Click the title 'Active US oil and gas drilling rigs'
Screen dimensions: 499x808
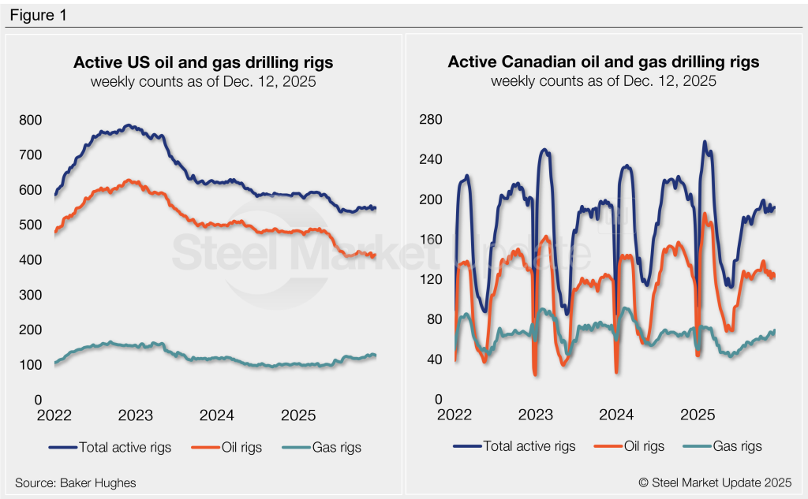tap(203, 62)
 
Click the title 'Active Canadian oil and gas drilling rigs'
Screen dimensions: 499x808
tap(603, 62)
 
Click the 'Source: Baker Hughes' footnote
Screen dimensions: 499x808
tap(69, 482)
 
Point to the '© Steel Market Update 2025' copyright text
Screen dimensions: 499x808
tap(716, 482)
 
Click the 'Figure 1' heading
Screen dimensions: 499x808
tap(38, 16)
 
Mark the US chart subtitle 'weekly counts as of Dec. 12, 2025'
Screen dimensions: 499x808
tap(203, 81)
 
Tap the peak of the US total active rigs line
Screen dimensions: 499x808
tap(129, 125)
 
